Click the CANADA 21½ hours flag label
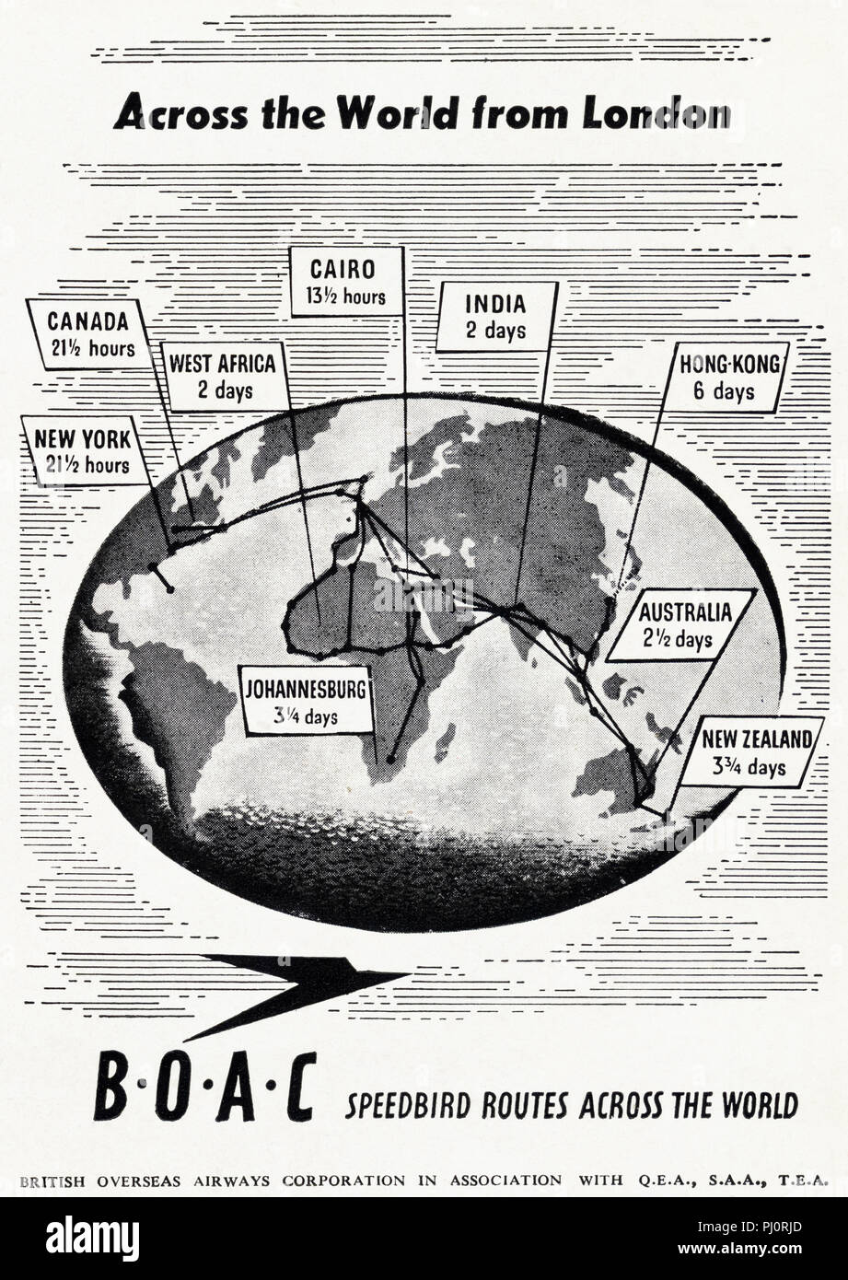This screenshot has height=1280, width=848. [88, 334]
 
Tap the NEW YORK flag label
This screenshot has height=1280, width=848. [82, 450]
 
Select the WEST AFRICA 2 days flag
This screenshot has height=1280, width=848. [223, 376]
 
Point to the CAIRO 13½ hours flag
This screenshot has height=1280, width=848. [345, 282]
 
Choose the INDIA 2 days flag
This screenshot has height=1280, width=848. [495, 316]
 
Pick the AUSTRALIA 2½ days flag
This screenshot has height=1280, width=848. [680, 624]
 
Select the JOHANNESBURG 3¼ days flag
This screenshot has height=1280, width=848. [306, 701]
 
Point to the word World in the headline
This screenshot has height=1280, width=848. [397, 113]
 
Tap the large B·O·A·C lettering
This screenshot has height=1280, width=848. [204, 1088]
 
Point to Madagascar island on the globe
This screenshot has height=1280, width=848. [445, 742]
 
